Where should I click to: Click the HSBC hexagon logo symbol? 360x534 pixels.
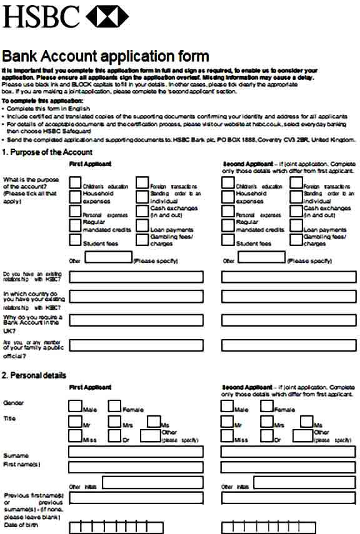(107, 16)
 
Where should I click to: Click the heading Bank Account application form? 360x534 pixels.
(106, 56)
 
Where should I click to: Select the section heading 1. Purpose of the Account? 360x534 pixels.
(47, 152)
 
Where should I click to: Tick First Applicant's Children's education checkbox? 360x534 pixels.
(75, 182)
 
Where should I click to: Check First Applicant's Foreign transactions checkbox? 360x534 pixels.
(142, 182)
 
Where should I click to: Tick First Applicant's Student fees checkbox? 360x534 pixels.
(75, 240)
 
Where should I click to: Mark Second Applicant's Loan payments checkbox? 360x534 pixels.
(296, 226)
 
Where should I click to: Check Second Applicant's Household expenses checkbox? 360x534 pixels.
(228, 197)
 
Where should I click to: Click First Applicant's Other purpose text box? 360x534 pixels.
(108, 257)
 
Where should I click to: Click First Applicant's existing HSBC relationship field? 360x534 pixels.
(136, 277)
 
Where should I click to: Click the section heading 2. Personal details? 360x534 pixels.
(34, 375)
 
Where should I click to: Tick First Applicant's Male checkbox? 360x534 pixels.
(75, 406)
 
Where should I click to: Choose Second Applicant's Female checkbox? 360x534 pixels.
(267, 406)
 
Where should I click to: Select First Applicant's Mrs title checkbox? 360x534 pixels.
(114, 422)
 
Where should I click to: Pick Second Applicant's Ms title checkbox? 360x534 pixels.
(306, 422)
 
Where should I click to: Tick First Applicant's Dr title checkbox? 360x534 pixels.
(114, 436)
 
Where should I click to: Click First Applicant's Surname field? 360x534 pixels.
(136, 452)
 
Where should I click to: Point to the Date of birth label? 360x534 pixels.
(20, 525)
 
